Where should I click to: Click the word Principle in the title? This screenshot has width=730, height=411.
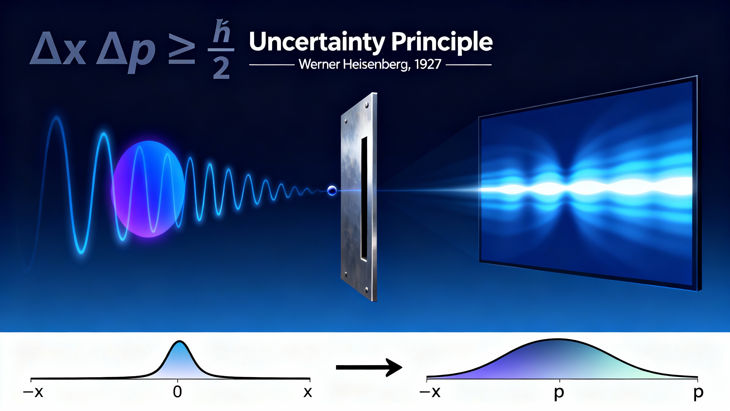point(442,42)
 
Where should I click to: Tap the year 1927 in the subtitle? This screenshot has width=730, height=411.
point(428,64)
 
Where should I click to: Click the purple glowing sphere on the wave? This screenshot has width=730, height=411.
point(148,189)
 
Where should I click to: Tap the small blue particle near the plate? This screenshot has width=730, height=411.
point(332,190)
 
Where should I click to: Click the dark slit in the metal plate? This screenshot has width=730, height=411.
point(364,199)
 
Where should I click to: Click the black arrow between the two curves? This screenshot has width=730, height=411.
point(369,367)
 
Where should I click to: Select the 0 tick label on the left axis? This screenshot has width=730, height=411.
point(177,392)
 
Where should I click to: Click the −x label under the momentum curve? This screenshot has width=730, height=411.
point(430,392)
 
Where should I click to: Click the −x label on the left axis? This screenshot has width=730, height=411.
point(33,392)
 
